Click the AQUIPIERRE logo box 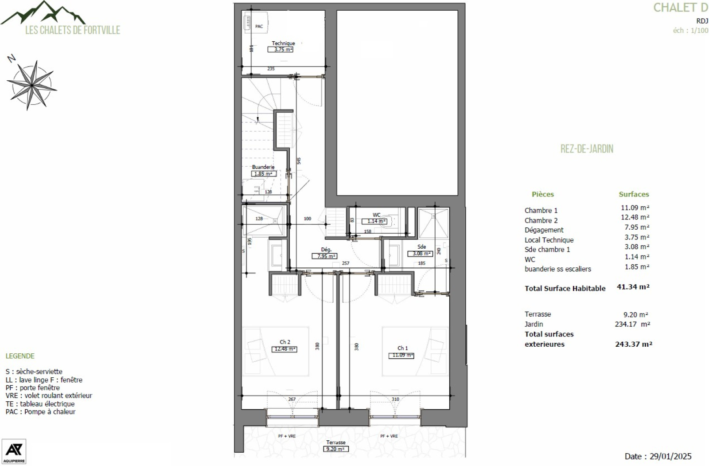coord(14,451)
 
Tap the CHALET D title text coord(680,8)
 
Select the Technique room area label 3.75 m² coord(280,49)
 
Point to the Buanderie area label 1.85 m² coord(264,174)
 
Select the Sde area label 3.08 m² coord(420,254)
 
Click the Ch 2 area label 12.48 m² coord(284,349)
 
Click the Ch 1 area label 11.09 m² coord(402,355)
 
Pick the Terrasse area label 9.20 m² coord(335,449)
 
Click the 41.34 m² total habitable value coord(633,287)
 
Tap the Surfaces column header coord(634,194)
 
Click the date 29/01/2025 coord(670,456)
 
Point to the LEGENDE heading coord(20,356)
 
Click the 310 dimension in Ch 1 coord(395,399)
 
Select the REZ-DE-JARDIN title coord(587,149)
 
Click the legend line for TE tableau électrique coord(40,403)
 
